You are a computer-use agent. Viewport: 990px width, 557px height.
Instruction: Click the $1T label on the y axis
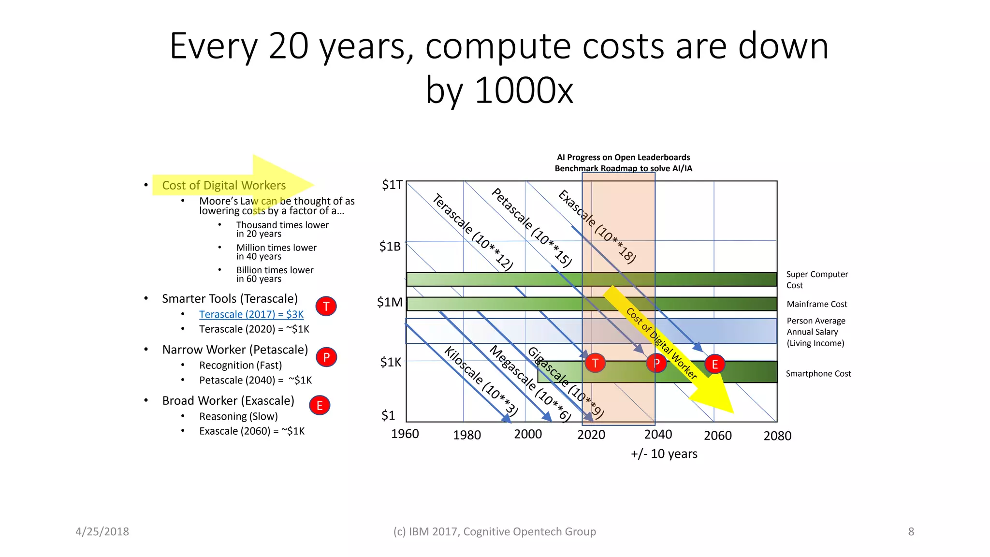392,185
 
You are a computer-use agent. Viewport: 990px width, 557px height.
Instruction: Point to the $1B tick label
390,247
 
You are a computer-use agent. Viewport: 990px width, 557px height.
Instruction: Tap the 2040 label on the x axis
658,434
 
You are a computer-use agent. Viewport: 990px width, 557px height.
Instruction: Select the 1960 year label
405,434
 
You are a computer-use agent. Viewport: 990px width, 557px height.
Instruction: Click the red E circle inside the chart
714,364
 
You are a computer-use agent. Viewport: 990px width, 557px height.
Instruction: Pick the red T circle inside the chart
595,363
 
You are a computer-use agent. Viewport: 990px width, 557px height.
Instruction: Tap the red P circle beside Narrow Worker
326,357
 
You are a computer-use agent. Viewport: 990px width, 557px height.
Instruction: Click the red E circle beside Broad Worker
320,406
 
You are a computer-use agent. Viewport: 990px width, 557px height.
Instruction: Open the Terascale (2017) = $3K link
251,314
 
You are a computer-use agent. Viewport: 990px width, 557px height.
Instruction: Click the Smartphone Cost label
818,373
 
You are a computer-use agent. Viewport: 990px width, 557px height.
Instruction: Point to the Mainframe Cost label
816,304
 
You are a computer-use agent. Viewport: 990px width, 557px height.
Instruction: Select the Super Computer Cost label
816,279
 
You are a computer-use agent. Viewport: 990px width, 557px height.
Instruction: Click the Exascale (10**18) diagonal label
597,226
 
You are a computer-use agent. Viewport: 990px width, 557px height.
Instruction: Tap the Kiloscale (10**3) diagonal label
481,381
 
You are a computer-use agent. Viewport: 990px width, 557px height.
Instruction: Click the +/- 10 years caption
664,454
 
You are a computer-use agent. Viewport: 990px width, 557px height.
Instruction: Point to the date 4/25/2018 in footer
102,531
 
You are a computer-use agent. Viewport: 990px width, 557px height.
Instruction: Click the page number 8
911,531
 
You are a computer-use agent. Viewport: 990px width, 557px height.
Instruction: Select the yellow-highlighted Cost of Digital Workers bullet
224,185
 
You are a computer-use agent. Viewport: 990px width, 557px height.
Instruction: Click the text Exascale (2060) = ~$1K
252,431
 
